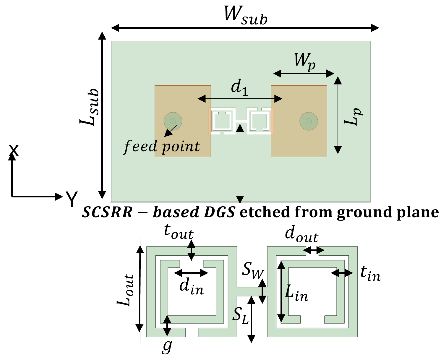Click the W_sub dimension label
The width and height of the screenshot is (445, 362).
point(245,15)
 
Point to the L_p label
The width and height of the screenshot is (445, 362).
point(353,116)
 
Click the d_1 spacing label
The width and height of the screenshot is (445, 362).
point(239,88)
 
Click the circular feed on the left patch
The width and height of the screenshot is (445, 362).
point(173,121)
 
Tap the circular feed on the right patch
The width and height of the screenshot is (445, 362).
point(309,121)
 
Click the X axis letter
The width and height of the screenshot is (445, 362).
point(14,151)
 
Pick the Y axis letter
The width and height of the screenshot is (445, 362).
point(72,199)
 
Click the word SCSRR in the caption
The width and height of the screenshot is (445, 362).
point(107,212)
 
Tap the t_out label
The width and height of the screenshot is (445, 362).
point(178,232)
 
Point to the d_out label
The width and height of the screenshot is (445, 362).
point(301,234)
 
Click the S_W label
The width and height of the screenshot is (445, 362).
point(253,271)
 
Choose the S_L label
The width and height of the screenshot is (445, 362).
point(240,316)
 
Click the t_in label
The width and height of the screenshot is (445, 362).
point(370,274)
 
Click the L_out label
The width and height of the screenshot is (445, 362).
point(125,290)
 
